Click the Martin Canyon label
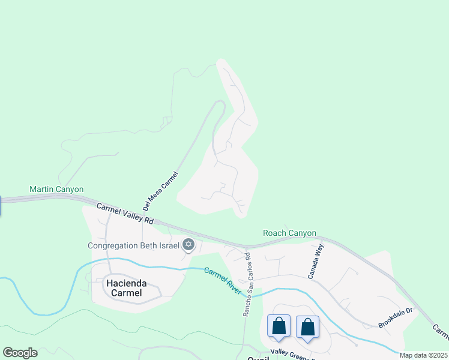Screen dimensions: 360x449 [56, 190]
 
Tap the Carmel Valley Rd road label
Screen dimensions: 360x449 [125, 214]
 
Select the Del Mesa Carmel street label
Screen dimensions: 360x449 [160, 191]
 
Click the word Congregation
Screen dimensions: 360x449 [116, 245]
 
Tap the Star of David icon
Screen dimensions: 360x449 [188, 244]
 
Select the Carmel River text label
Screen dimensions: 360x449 [223, 281]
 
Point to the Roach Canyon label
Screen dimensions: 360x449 [289, 233]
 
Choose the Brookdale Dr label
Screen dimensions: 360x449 [396, 317]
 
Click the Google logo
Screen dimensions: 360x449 [20, 352]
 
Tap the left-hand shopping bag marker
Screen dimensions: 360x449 [279, 327]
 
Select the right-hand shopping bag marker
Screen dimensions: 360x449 [307, 327]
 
